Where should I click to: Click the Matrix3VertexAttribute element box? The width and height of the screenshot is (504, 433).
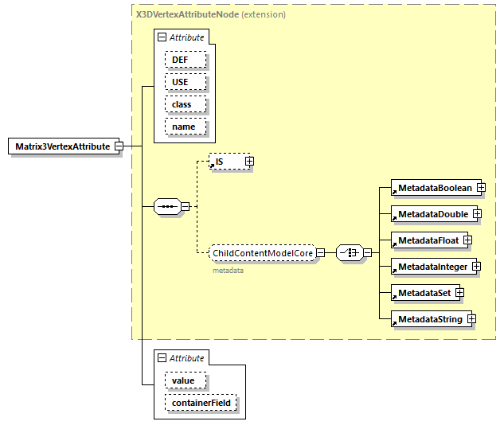(62, 146)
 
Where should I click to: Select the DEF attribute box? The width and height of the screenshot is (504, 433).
(186, 60)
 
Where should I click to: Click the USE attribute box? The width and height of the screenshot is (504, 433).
(186, 82)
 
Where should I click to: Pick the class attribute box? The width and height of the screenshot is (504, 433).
(186, 104)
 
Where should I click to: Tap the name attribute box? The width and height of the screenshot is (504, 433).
(186, 127)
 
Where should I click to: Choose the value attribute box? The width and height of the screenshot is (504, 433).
(186, 380)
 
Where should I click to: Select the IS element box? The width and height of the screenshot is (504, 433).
(225, 162)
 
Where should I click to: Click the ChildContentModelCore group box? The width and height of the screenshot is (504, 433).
(262, 253)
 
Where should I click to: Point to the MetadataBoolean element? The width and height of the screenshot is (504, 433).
(433, 188)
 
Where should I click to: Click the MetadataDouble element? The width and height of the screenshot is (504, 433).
(432, 214)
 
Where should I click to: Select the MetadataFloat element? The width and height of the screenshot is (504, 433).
(426, 240)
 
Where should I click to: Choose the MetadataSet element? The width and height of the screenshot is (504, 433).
(422, 293)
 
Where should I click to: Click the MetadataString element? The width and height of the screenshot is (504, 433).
(428, 319)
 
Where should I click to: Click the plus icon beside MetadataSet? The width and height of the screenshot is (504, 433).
(459, 293)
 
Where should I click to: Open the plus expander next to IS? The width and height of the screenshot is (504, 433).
(249, 162)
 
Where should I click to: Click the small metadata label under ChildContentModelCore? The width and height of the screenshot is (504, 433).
(227, 271)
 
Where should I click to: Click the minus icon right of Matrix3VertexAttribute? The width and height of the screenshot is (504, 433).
(118, 146)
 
